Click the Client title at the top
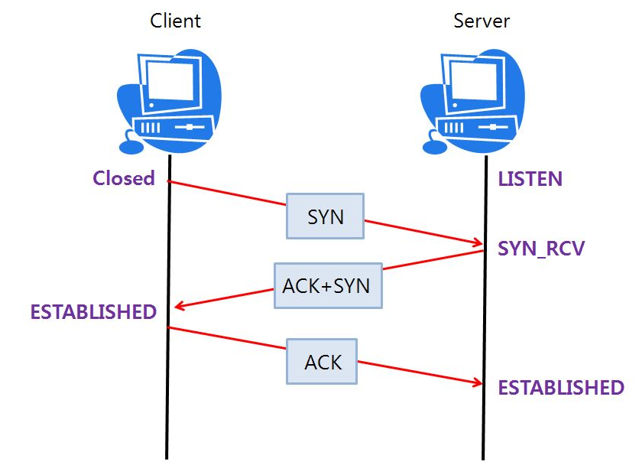[175, 21]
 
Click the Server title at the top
[482, 21]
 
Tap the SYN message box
[326, 216]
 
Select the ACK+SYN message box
[328, 286]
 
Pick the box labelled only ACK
[322, 361]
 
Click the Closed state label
[124, 178]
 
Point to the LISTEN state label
[530, 180]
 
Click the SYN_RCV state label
[541, 249]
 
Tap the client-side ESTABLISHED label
[93, 312]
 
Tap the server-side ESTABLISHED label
[561, 388]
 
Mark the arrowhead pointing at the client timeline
[179, 307]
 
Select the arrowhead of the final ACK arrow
[477, 383]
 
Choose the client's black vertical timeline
[167, 398]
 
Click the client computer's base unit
[172, 127]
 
